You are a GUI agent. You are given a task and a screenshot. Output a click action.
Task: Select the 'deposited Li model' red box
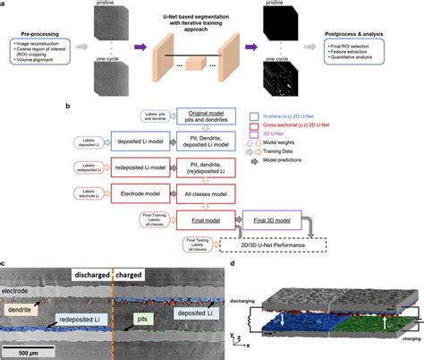[109, 141]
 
